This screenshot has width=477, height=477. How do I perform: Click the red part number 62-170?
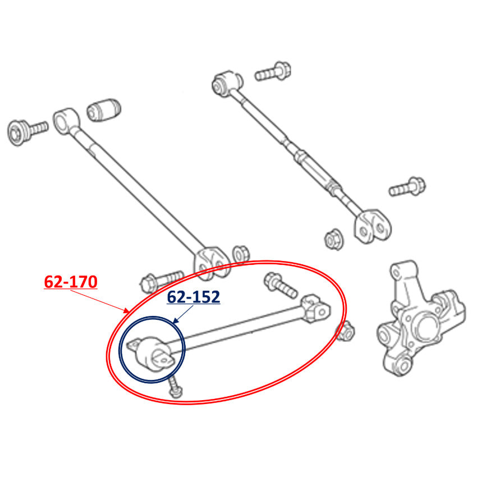click(x=71, y=282)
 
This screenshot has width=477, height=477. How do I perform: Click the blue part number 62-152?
click(x=194, y=297)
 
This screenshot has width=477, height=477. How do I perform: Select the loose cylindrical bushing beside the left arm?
click(x=104, y=109)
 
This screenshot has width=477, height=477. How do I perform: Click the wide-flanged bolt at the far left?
click(x=27, y=131)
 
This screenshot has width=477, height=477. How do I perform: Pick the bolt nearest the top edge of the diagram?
click(x=273, y=72)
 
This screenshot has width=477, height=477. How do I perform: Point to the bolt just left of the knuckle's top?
click(x=407, y=187)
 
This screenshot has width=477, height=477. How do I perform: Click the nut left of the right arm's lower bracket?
click(x=334, y=240)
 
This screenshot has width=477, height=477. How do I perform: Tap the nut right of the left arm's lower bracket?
click(x=241, y=254)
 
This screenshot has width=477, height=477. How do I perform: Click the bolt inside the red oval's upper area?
click(x=281, y=285)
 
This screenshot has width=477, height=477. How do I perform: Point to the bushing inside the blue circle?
click(x=151, y=353)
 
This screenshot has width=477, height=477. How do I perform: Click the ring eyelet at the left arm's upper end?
click(x=66, y=121)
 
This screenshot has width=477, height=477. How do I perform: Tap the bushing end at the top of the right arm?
click(x=227, y=82)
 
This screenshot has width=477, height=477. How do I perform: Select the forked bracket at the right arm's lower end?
click(x=372, y=226)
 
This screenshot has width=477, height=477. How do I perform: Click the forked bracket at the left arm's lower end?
click(x=211, y=263)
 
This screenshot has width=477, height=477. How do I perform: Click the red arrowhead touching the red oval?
click(x=126, y=310)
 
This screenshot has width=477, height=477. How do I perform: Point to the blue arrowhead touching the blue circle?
click(x=175, y=320)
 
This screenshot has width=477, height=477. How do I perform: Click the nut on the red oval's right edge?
click(x=345, y=332)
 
